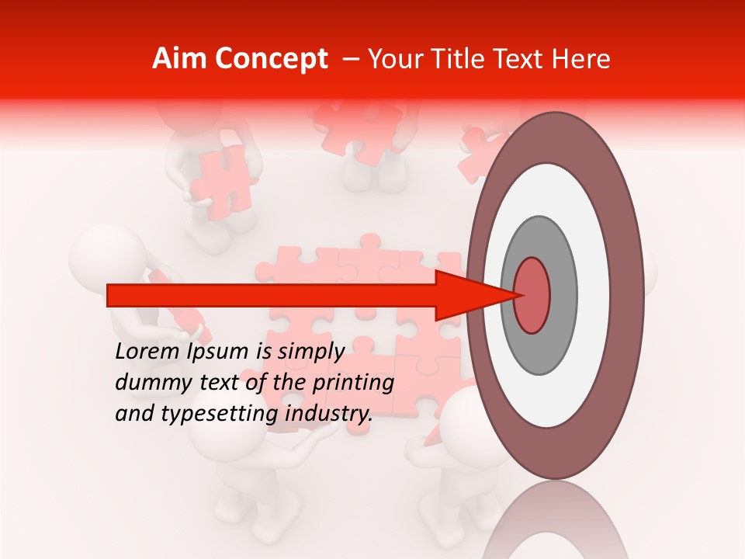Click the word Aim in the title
click(x=178, y=59)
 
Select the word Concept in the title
click(x=269, y=59)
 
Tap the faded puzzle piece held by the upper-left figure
click(x=225, y=179)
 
